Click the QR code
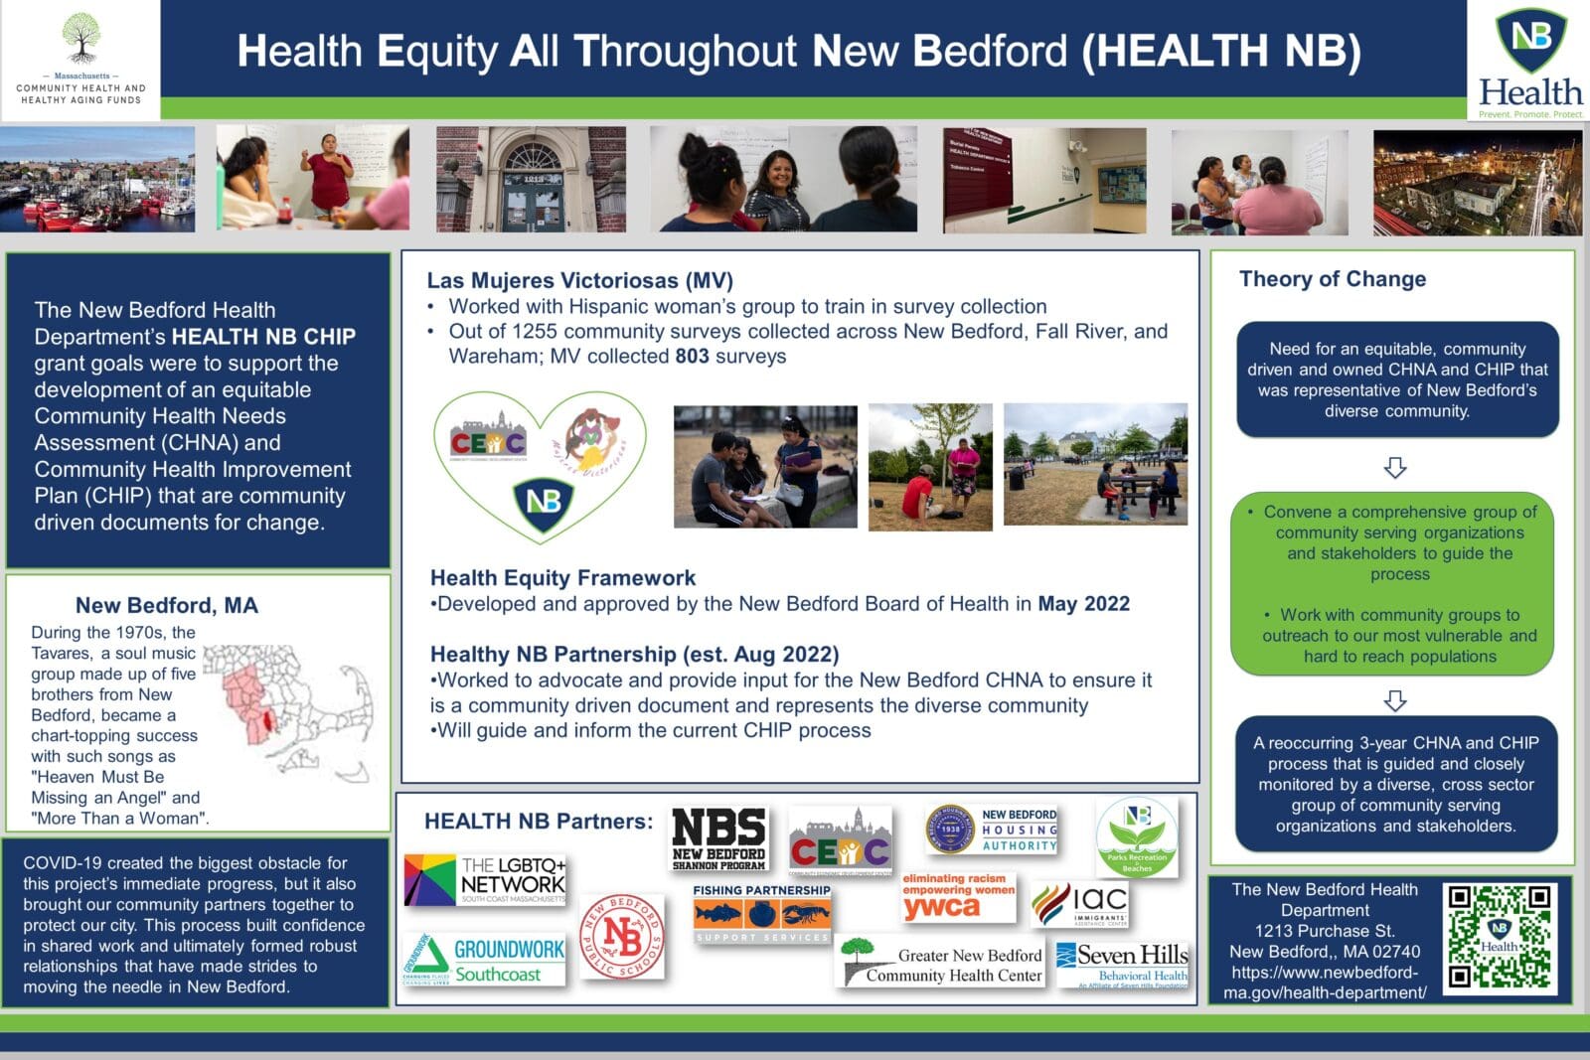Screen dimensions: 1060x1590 point(1500,937)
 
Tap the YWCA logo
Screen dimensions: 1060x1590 point(958,897)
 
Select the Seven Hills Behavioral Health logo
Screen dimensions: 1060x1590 point(1122,965)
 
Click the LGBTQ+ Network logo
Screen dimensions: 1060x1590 point(486,878)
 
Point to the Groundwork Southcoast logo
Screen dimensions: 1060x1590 point(485,960)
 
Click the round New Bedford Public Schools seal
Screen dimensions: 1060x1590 point(622,936)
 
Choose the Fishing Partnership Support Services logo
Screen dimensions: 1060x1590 point(761,913)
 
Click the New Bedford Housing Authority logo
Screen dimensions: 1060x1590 point(992,831)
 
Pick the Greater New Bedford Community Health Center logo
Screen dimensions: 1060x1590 point(940,963)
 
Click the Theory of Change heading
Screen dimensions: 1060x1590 point(1332,279)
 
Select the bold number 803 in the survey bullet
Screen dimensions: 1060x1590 point(692,357)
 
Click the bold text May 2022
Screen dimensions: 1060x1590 point(1083,604)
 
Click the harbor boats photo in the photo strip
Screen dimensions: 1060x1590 point(97,179)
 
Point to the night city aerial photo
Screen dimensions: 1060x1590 point(1477,182)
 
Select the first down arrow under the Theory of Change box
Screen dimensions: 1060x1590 point(1395,467)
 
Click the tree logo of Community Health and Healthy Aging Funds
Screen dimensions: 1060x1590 point(80,40)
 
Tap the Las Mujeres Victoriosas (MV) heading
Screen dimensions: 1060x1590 point(579,281)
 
